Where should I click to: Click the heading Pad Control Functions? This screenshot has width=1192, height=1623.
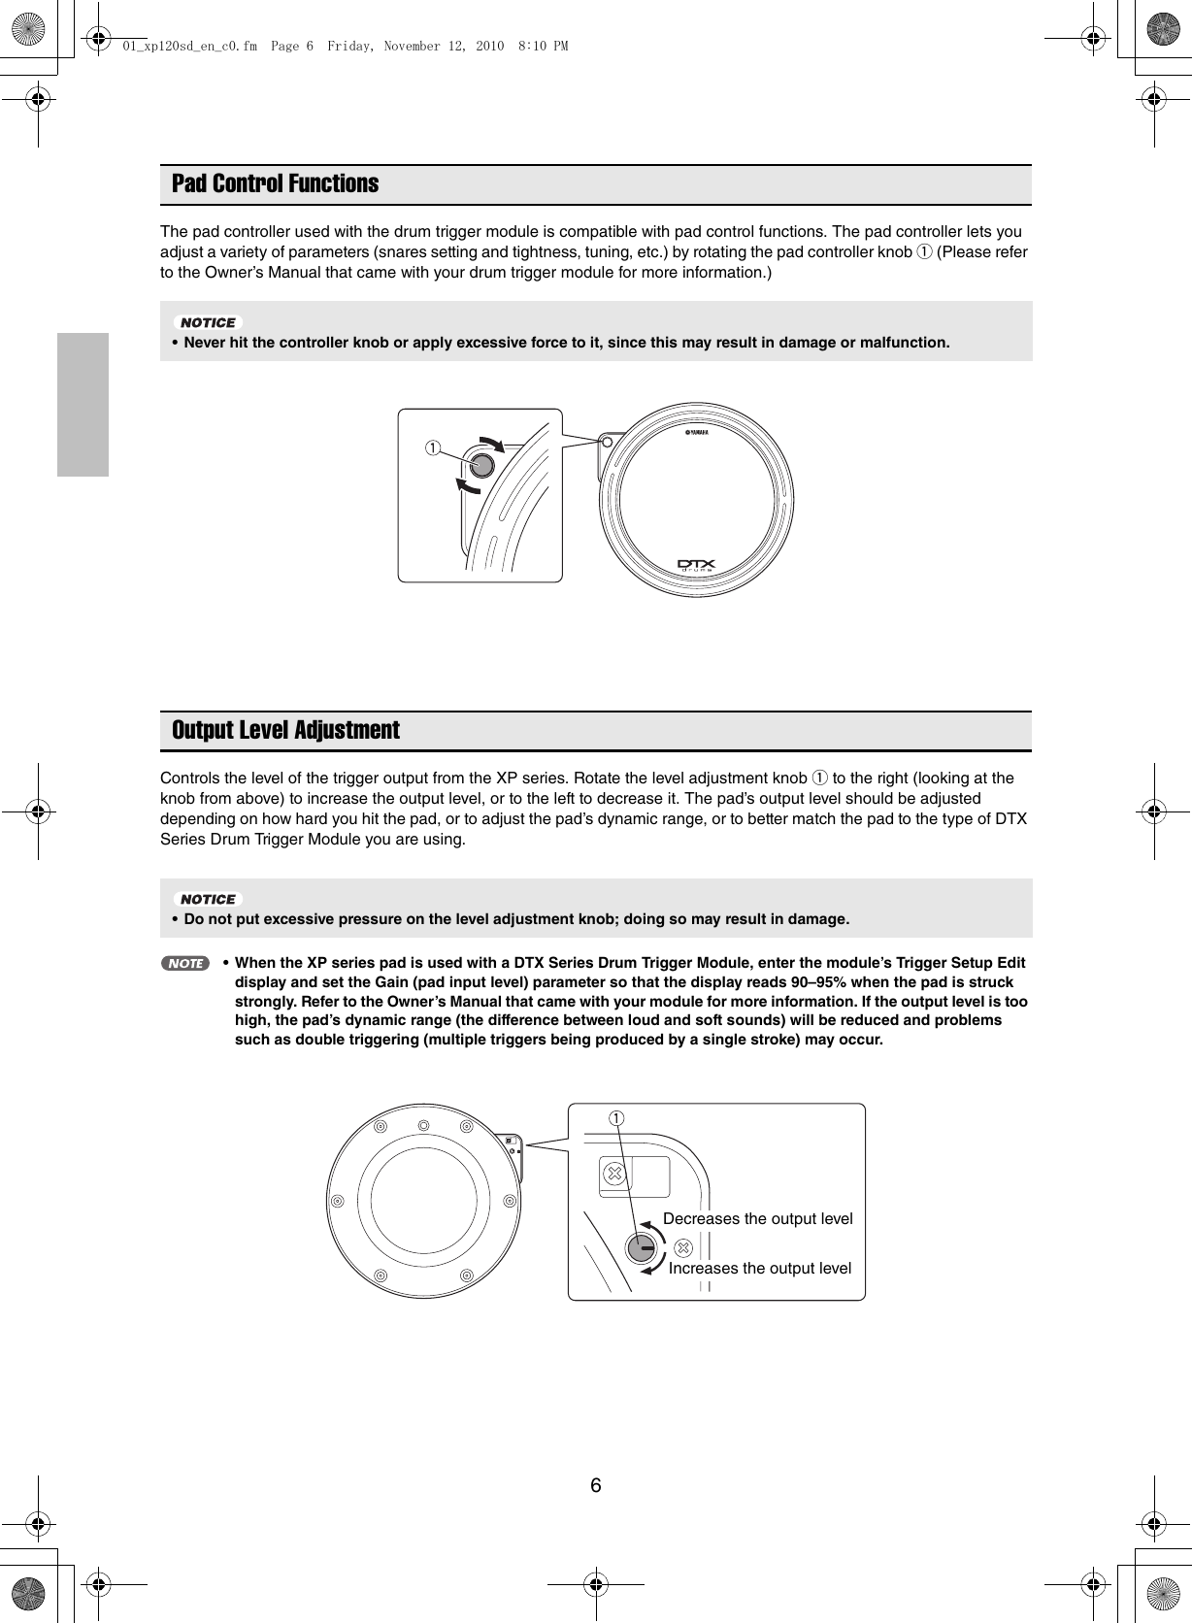pyautogui.click(x=275, y=183)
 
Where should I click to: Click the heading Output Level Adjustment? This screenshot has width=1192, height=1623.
pyautogui.click(x=285, y=730)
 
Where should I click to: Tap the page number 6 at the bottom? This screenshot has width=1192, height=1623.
pyautogui.click(x=595, y=1486)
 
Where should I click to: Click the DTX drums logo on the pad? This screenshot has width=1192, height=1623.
pyautogui.click(x=696, y=565)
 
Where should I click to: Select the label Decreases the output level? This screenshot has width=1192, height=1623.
pyautogui.click(x=757, y=1218)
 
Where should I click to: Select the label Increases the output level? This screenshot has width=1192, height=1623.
pyautogui.click(x=759, y=1268)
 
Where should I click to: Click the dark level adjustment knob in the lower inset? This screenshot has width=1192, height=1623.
pyautogui.click(x=641, y=1248)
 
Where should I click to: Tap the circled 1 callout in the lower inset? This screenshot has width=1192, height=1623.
pyautogui.click(x=616, y=1118)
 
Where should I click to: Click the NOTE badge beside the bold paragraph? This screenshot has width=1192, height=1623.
pyautogui.click(x=184, y=964)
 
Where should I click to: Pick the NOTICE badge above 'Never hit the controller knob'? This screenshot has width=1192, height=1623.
pyautogui.click(x=209, y=322)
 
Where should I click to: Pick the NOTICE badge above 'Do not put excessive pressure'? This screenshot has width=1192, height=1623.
pyautogui.click(x=209, y=899)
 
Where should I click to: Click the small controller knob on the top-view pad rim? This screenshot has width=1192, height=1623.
pyautogui.click(x=608, y=442)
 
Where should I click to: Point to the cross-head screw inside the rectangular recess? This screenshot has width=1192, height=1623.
pyautogui.click(x=613, y=1174)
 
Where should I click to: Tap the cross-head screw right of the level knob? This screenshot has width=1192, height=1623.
pyautogui.click(x=682, y=1247)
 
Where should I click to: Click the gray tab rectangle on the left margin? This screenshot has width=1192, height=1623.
pyautogui.click(x=83, y=405)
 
